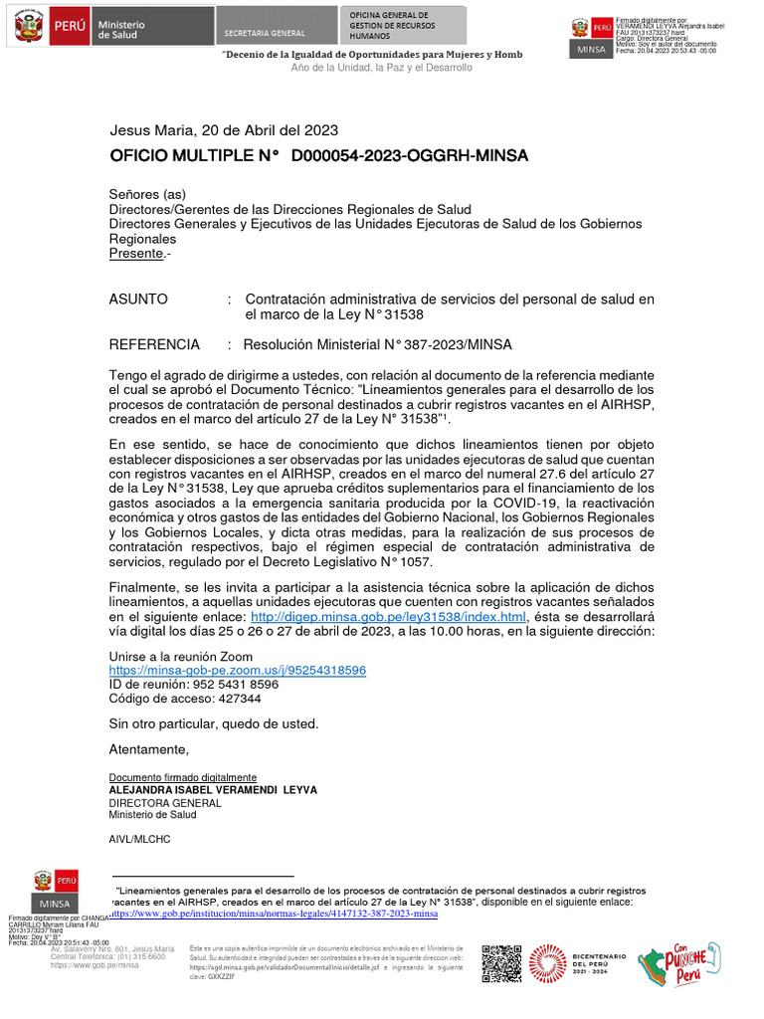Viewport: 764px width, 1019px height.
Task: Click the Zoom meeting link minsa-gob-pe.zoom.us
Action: [237, 671]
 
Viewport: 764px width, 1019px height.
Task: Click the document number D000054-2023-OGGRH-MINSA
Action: [409, 156]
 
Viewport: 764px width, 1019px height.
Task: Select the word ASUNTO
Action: [138, 299]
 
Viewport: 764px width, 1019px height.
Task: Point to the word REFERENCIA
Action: [154, 344]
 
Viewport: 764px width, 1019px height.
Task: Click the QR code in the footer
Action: [501, 962]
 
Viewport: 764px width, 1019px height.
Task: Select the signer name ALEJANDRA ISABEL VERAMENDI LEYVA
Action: [213, 790]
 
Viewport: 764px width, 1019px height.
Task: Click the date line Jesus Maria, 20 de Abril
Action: [224, 130]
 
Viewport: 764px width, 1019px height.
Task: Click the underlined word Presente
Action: [135, 254]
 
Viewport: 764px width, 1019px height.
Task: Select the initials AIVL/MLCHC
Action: [139, 839]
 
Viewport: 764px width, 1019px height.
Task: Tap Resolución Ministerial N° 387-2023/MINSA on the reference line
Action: [378, 344]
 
